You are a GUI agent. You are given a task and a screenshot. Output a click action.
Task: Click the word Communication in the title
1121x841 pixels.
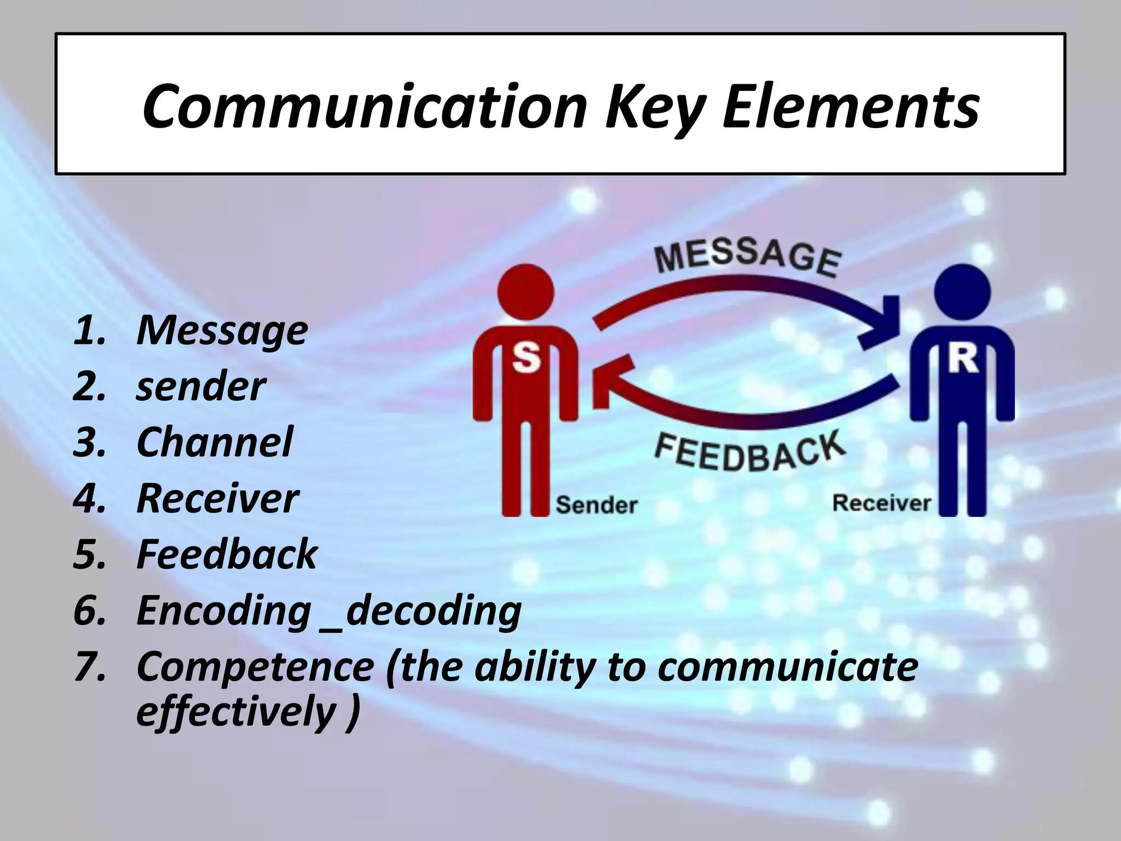pos(365,107)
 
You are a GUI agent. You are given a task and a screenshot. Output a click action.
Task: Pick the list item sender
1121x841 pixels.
pos(200,387)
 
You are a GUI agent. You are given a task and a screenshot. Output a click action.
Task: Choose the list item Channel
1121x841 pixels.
pos(214,442)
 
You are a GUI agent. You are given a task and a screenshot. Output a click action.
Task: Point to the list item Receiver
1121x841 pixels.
pos(217,498)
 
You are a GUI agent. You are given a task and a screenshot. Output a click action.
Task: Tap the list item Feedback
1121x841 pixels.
pos(227,554)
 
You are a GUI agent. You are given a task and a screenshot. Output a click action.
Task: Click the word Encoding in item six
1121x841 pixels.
pos(223,610)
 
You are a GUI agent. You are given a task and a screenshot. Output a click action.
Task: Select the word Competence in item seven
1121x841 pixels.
pos(255,666)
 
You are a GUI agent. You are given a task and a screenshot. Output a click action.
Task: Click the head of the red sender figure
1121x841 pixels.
pos(525,293)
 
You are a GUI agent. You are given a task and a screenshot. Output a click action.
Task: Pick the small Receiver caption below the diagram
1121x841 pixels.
pos(881,503)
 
